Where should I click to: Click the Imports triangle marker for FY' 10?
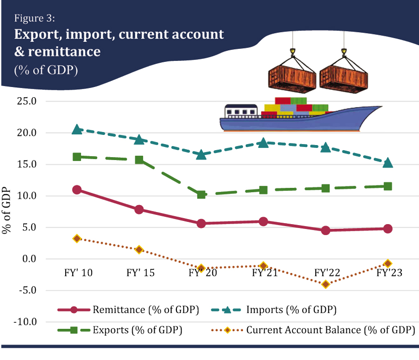(x=77, y=130)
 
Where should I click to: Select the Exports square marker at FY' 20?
(x=201, y=194)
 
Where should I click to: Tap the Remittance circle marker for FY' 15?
(x=139, y=209)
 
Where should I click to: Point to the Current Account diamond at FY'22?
(x=325, y=284)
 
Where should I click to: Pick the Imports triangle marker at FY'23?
(x=387, y=162)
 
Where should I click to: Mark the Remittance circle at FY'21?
(x=263, y=221)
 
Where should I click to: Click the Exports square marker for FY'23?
(x=387, y=187)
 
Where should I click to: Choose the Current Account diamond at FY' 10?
(x=77, y=239)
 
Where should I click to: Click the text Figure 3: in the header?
(x=35, y=19)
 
